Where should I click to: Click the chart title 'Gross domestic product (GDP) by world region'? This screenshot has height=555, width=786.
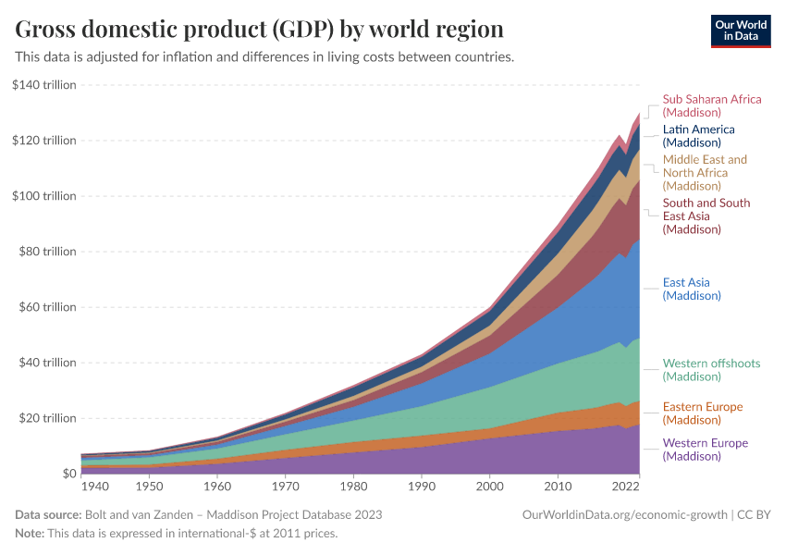point(259,29)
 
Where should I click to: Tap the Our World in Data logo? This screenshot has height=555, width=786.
point(741,30)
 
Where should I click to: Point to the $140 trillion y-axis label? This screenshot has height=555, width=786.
point(45,85)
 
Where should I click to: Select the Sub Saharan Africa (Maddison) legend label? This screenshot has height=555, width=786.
point(711,105)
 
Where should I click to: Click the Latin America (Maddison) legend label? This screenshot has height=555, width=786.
point(698,136)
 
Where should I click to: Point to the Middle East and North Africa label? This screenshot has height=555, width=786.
point(705,172)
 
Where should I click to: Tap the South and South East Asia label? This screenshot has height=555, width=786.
point(706,216)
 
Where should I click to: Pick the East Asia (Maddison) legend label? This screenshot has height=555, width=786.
point(692,289)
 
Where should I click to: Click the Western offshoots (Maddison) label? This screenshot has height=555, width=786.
point(711,370)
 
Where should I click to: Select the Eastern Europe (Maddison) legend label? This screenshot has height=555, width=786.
point(703,413)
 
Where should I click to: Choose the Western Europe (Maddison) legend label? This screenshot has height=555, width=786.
point(705,450)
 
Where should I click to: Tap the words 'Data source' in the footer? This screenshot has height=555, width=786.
point(47,514)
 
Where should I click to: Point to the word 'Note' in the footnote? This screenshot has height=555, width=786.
point(30,534)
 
